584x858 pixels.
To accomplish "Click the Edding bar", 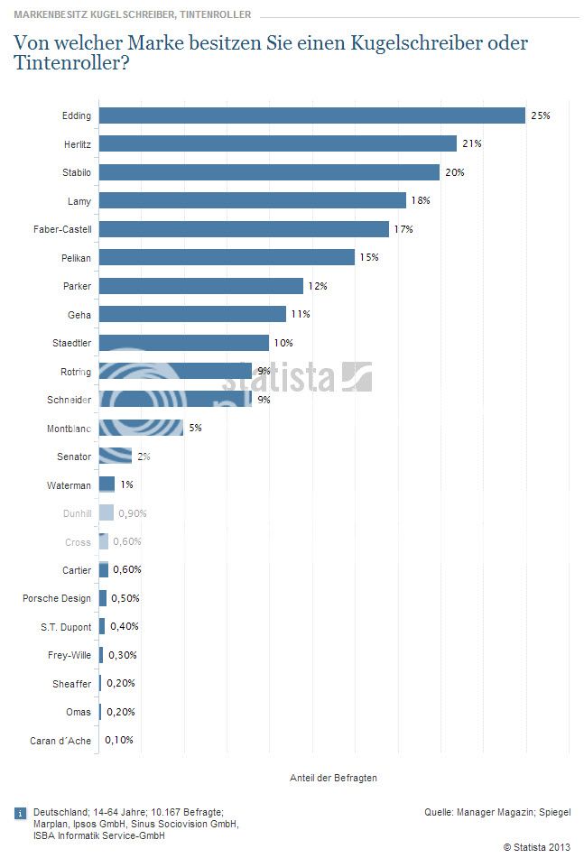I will [x=311, y=115].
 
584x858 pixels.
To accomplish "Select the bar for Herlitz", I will [x=277, y=143].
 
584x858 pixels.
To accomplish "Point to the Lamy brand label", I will [x=79, y=200].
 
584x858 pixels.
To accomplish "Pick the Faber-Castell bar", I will [x=244, y=229].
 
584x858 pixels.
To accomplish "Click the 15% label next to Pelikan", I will [x=368, y=257].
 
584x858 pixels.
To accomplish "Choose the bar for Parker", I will [x=200, y=286].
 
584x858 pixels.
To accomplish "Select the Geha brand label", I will [x=80, y=314].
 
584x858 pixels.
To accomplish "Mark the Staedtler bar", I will [x=183, y=343].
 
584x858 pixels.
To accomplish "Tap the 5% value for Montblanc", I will [x=195, y=428].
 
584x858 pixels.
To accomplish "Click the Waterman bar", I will [x=107, y=484].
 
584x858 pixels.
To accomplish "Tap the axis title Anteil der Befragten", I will [x=333, y=778].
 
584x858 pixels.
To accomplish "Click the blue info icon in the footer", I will [x=20, y=814].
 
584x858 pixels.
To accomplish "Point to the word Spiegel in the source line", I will [x=553, y=813].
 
